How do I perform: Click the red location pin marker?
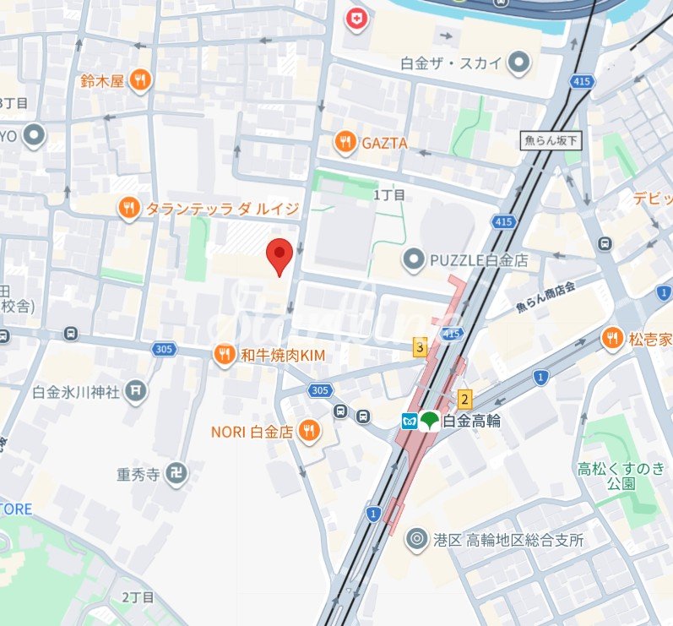point(280,254)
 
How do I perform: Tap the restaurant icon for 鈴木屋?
point(140,80)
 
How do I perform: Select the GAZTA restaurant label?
point(384,144)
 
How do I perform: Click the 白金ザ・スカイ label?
point(452,63)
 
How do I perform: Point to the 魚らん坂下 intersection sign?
point(551,142)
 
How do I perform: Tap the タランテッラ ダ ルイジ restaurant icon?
point(128,207)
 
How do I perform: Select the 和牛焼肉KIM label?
point(283,356)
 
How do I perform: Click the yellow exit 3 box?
point(420,346)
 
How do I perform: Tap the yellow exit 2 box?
point(464,398)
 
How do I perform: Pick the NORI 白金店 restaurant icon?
point(309,431)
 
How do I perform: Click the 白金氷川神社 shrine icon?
point(135,390)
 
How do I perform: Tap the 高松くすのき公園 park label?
point(621,476)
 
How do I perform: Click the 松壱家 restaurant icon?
point(612,339)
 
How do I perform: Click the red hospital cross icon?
point(358,19)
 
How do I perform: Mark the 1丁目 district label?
point(389,195)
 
